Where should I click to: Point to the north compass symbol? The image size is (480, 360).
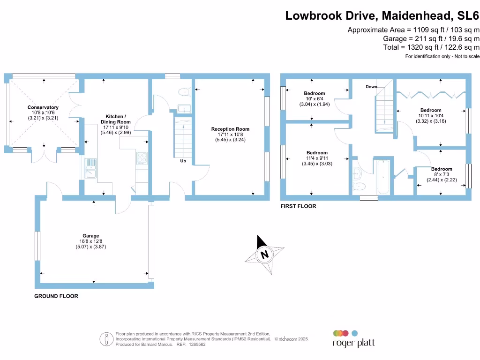click(x=265, y=255)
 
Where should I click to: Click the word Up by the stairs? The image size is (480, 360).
click(x=183, y=161)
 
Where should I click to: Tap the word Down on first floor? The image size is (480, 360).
click(x=371, y=87)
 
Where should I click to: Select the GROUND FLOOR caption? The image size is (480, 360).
click(x=56, y=296)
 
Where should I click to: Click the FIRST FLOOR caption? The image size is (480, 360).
click(x=298, y=206)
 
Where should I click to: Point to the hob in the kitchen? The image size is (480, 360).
click(x=142, y=159)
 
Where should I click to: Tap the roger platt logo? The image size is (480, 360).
click(x=353, y=338)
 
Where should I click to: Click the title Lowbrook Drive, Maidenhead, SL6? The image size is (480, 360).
click(x=382, y=16)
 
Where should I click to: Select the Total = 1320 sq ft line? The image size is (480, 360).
click(x=431, y=47)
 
